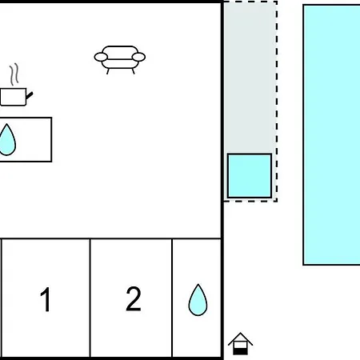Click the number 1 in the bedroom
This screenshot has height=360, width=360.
point(46,299)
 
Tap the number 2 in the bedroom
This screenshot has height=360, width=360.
point(134,298)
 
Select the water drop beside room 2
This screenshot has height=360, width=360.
point(198,300)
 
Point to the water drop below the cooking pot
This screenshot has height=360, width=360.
point(7,140)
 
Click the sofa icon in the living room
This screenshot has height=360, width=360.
point(120,60)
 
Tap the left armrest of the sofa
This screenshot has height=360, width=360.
point(101,57)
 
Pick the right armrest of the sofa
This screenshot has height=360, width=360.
point(138,57)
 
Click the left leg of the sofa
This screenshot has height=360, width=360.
point(108,71)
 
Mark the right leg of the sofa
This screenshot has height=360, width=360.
point(133,71)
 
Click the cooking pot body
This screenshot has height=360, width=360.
point(13,97)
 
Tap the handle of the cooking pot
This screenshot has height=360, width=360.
point(30,95)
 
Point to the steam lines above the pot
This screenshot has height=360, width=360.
point(14,74)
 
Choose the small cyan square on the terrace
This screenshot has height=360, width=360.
point(250,176)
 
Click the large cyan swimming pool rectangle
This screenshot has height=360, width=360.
point(331,135)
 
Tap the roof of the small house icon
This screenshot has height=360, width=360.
point(240,339)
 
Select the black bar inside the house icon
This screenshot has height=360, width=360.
point(240,352)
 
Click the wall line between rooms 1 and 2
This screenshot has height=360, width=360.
point(90,298)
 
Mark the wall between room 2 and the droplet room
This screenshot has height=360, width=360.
point(172,298)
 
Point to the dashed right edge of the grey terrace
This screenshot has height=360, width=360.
point(277,102)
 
